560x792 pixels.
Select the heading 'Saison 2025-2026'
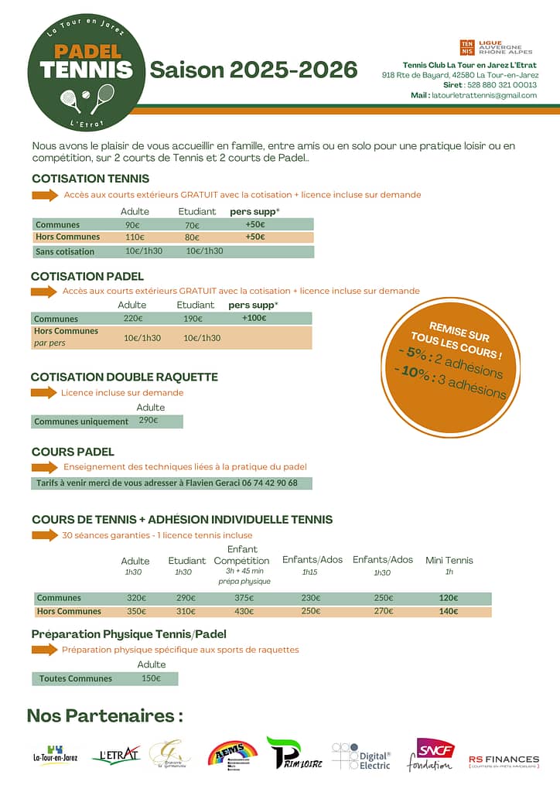click(254, 70)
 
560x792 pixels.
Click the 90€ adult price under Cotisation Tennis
click(132, 225)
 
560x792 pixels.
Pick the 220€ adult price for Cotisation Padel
click(133, 318)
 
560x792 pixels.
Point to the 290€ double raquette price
click(148, 421)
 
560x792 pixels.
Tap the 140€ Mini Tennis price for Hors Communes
click(449, 611)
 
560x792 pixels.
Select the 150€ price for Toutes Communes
click(151, 678)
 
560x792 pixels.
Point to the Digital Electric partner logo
click(362, 756)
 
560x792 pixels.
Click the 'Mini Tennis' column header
click(449, 560)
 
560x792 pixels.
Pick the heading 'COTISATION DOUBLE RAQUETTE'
click(124, 377)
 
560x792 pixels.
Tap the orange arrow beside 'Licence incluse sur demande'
click(44, 392)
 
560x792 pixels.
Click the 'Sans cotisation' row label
click(65, 251)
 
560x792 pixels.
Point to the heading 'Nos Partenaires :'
click(104, 715)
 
